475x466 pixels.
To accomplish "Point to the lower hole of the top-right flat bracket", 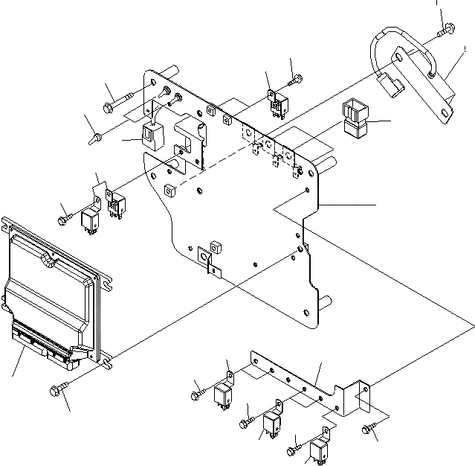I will (x=445, y=112).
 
